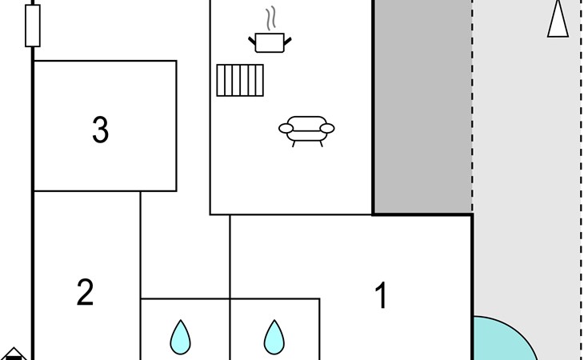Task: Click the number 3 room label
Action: [101, 130]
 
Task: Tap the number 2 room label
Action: [85, 292]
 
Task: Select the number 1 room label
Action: [382, 295]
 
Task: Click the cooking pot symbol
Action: [270, 42]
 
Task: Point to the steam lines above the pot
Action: [271, 18]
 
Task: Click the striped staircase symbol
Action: [240, 81]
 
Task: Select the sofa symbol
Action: [306, 131]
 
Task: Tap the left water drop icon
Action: [181, 338]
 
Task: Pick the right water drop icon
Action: [274, 338]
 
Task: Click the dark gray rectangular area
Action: [423, 107]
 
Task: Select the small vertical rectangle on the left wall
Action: [33, 26]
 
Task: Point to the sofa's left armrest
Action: [286, 128]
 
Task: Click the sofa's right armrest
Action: [327, 128]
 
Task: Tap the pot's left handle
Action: [252, 40]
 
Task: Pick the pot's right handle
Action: [287, 41]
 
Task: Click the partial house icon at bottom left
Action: [14, 354]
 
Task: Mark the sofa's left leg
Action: [294, 144]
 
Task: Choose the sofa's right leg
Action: [321, 144]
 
